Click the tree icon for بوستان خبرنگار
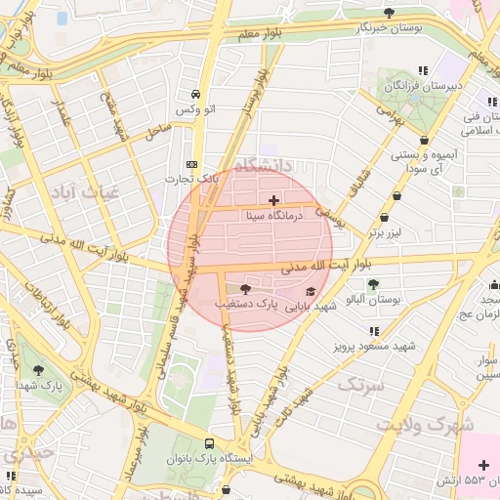[390, 13]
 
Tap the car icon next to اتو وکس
[196, 95]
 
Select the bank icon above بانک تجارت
[191, 164]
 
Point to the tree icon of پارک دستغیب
[244, 289]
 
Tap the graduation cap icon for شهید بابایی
[311, 291]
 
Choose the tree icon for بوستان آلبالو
[373, 283]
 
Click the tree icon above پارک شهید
[38, 370]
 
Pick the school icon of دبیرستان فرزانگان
[423, 70]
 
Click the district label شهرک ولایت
[437, 425]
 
